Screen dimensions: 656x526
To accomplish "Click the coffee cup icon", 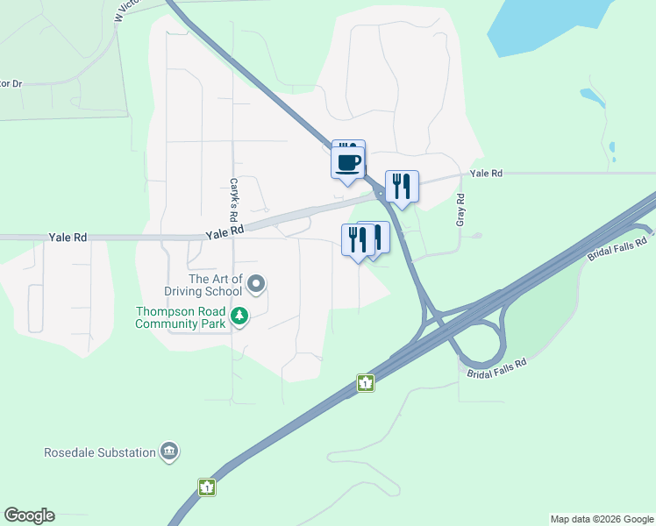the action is coord(347,161).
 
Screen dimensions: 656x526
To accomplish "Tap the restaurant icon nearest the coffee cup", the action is coord(401,187).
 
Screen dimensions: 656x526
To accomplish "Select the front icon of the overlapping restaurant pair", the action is coord(358,238).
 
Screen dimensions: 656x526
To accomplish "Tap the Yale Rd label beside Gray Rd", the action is coord(486,174).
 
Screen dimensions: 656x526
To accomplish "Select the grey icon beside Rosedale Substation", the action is coord(169,452).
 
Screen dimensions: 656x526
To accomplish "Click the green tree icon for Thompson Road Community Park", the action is coord(239,315).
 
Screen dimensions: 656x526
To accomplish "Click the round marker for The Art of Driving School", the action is coord(256,283).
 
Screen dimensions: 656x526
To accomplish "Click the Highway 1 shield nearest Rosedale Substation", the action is coord(206,487).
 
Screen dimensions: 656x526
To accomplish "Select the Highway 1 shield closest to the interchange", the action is coord(365,383).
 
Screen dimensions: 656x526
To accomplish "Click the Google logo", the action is coord(29,515).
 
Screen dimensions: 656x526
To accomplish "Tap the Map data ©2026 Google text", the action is coord(601,519).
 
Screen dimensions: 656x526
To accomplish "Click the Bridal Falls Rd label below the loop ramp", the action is coord(496,368).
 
